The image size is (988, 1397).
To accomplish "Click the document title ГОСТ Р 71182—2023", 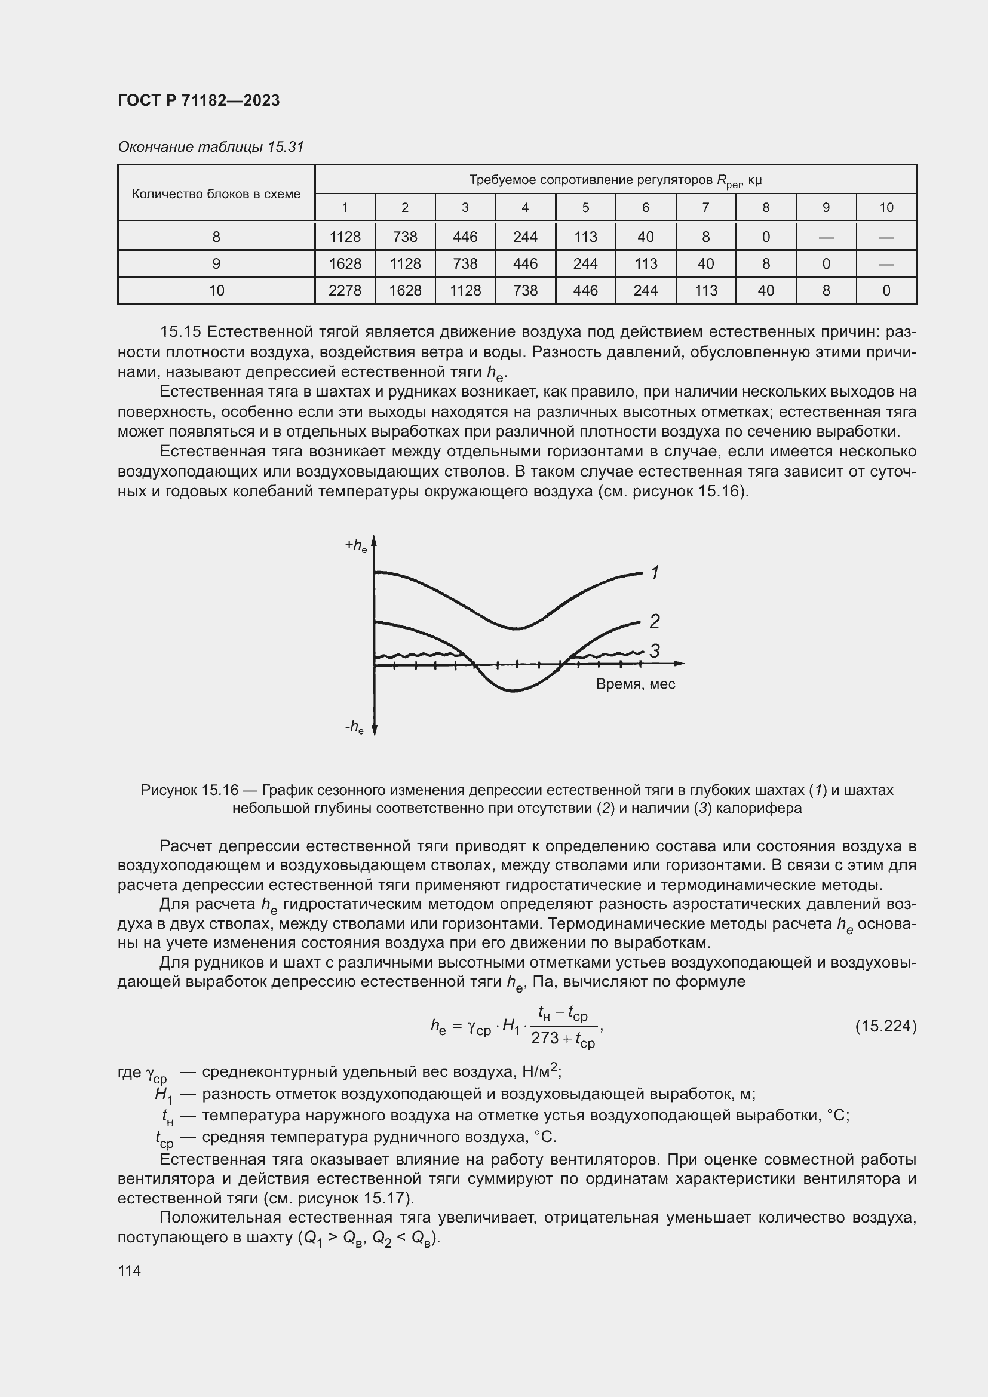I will point(198,100).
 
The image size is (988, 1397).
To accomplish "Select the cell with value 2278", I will point(344,291).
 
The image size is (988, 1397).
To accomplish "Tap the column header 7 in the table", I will point(705,207).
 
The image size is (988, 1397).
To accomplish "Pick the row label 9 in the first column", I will point(216,264).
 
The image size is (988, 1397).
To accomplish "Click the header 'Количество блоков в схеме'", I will point(216,194).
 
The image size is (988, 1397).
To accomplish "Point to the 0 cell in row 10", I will point(886,291).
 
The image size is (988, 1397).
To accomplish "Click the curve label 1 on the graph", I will point(655,573).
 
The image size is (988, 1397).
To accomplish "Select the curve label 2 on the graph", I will point(655,621).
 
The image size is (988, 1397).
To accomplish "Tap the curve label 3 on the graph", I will point(655,651).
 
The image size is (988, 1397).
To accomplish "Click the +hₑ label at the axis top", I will point(356,546).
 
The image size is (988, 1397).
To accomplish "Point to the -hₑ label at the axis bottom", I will point(354,726).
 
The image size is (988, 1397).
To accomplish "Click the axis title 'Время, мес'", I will point(635,684).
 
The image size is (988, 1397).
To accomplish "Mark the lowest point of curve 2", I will point(514,691).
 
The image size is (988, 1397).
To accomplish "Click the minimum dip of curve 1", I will point(516,629).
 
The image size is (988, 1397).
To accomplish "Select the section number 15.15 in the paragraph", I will point(179,331).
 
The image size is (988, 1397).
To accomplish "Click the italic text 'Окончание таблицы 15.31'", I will point(210,147).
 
